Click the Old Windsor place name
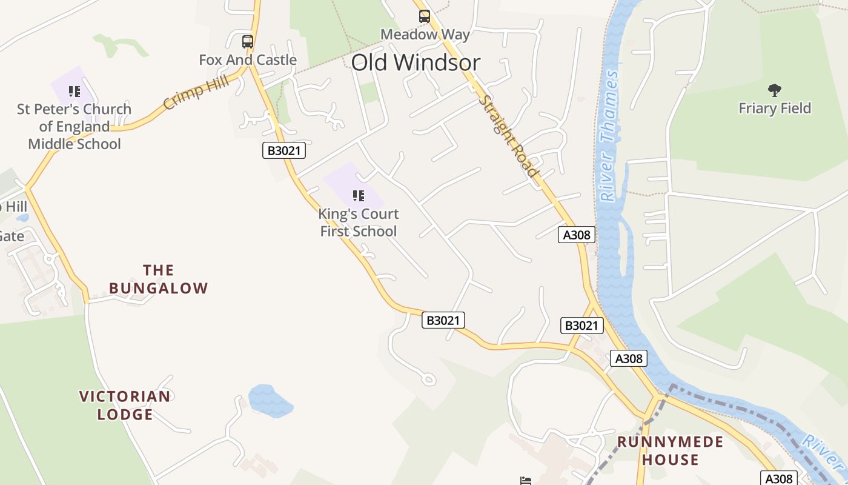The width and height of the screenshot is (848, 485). point(416,62)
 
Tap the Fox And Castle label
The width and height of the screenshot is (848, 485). point(248,60)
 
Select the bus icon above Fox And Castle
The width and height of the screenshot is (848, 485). point(247,42)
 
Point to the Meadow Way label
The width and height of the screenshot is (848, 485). point(425,35)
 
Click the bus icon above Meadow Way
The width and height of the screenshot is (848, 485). point(424,16)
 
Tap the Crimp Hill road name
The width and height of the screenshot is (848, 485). point(196,92)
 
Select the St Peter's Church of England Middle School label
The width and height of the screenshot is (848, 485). point(75,127)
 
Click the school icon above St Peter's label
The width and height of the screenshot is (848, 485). point(75,92)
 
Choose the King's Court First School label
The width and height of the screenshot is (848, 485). point(359,222)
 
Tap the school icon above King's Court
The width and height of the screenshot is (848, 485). point(359,196)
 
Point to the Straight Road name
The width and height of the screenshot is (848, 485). point(509,136)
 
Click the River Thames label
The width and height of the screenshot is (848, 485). point(609,136)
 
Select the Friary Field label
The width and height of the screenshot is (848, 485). point(775,109)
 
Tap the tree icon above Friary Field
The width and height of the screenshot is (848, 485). point(774,91)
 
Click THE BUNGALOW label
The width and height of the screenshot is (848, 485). point(159,279)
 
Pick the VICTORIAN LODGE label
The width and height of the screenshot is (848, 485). point(125,406)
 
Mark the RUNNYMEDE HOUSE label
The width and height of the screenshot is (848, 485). point(670,450)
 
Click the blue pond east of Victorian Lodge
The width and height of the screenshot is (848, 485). point(270,400)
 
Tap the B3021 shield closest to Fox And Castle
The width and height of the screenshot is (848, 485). point(283,150)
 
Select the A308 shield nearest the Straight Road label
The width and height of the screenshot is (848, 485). point(577,235)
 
